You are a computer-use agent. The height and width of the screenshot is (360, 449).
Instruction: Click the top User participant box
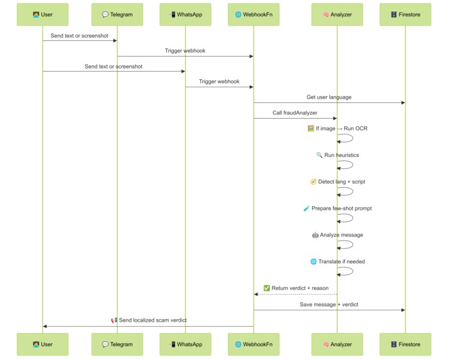[x=43, y=14]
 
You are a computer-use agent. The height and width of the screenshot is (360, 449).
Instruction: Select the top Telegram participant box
[x=117, y=14]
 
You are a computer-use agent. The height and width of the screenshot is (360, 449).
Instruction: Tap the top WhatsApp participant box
[x=185, y=14]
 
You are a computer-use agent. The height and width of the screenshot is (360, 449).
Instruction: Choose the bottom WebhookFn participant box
[x=254, y=344]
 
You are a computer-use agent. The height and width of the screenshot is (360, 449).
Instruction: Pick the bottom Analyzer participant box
[x=337, y=344]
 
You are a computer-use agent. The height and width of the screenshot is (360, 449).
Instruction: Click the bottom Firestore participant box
[x=405, y=344]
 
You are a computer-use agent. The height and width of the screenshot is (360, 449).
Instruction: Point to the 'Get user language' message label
[x=329, y=97]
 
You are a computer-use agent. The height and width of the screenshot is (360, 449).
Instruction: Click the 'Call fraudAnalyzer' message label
[x=295, y=113]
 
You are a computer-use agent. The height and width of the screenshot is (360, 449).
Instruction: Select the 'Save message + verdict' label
[x=329, y=304]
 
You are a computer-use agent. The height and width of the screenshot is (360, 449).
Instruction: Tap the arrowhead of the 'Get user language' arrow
[x=403, y=103]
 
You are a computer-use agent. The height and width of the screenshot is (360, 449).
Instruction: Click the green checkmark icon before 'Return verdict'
[x=266, y=288]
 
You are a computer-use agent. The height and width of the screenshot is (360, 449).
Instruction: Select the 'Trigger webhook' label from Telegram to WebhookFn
[x=185, y=51]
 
